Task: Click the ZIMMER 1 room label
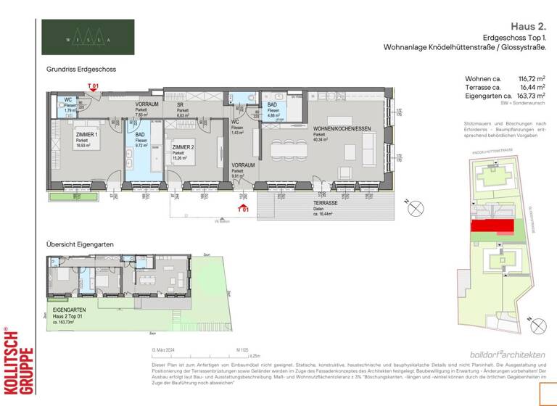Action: pyautogui.click(x=88, y=136)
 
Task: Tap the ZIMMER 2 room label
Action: pyautogui.click(x=183, y=146)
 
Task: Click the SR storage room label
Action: pyautogui.click(x=181, y=104)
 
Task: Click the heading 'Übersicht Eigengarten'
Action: pyautogui.click(x=80, y=245)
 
